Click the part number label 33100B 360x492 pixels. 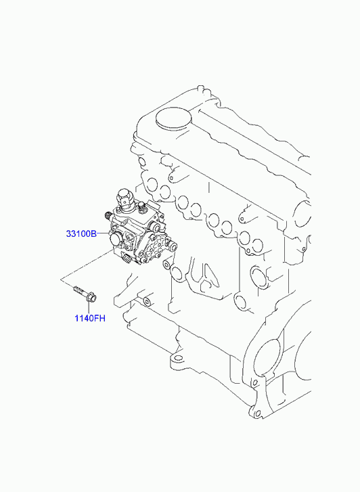81,233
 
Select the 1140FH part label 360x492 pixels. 90,318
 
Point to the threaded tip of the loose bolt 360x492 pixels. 77,289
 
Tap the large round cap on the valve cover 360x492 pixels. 173,119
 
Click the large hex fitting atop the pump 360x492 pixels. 125,198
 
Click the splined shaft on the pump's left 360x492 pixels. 108,216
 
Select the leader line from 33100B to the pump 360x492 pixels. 103,233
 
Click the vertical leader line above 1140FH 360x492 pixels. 89,308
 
